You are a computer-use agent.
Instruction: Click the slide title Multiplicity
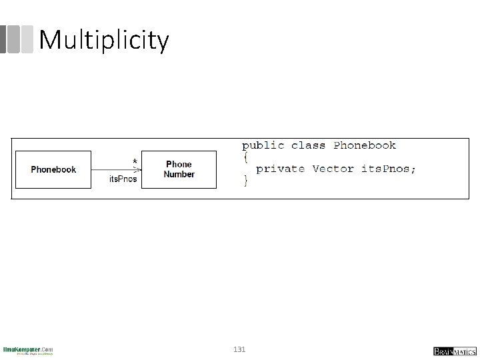[104, 40]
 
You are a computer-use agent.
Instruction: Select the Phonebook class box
[53, 170]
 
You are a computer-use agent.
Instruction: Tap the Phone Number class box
[179, 169]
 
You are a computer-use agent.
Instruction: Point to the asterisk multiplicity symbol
[135, 162]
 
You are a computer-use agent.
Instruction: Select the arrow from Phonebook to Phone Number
[113, 169]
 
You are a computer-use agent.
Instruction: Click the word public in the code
[263, 145]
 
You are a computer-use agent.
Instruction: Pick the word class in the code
[309, 145]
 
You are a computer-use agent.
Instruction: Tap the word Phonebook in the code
[365, 145]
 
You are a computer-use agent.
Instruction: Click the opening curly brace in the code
[245, 157]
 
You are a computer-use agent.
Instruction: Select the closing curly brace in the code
[245, 181]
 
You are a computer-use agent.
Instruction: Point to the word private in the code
[280, 169]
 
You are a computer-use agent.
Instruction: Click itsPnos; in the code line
[389, 169]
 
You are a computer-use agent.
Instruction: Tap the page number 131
[240, 349]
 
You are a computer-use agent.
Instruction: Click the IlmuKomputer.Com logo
[28, 350]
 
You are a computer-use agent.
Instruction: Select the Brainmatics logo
[453, 351]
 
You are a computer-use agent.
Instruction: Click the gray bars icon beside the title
[17, 39]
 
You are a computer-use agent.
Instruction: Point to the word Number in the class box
[179, 175]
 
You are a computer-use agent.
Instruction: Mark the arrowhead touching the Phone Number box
[139, 169]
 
